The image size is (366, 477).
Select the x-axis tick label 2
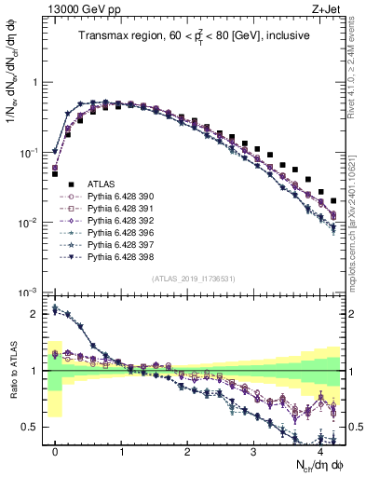(187, 452)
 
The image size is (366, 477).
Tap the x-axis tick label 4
(319, 452)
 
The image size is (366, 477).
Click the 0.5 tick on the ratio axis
(32, 427)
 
